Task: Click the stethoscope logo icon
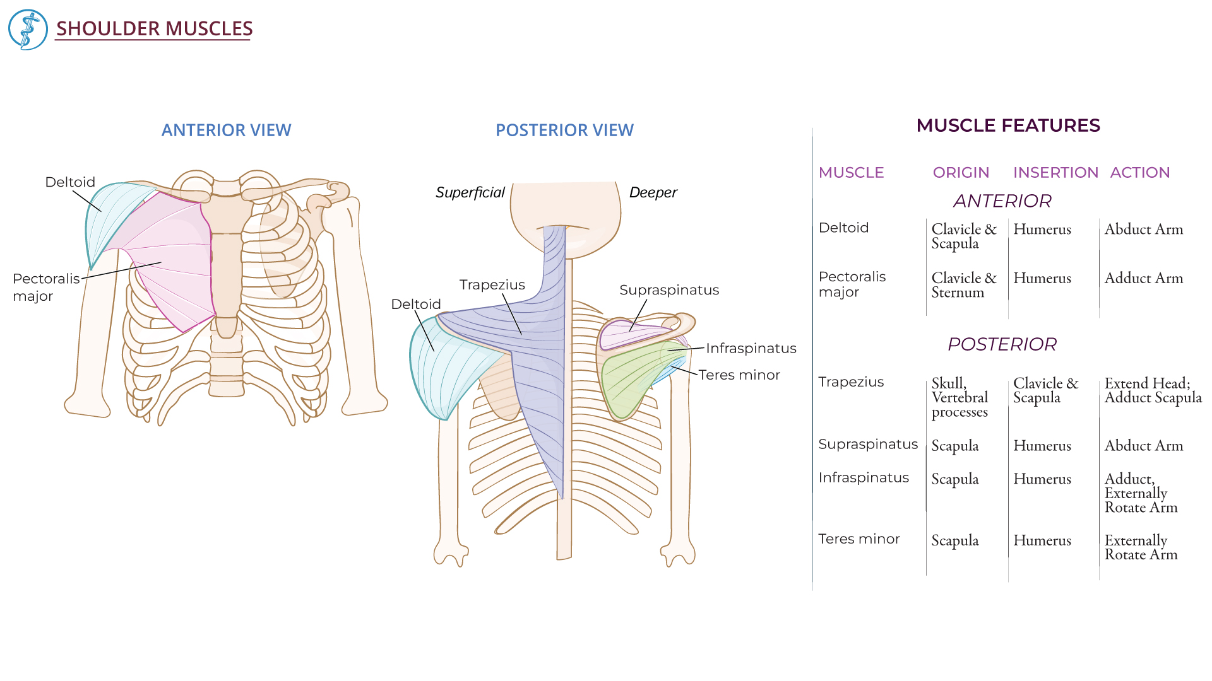(x=28, y=30)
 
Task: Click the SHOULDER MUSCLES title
(x=154, y=28)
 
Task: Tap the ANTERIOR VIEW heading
(x=226, y=130)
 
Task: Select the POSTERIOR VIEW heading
(x=564, y=130)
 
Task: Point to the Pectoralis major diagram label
(x=45, y=287)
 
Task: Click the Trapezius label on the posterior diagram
(x=492, y=284)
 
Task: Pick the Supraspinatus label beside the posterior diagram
(x=669, y=290)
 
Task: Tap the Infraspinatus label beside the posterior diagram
(x=751, y=348)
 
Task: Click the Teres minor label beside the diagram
(x=739, y=375)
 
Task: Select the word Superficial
(x=470, y=192)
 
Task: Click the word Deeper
(x=653, y=192)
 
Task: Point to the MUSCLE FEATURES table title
(x=1008, y=125)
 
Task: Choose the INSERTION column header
(x=1055, y=173)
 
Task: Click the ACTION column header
(x=1139, y=173)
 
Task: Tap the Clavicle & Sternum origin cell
(x=963, y=285)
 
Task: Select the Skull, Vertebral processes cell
(x=959, y=397)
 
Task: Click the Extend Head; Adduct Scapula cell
(x=1153, y=390)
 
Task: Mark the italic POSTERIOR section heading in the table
(x=1002, y=344)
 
